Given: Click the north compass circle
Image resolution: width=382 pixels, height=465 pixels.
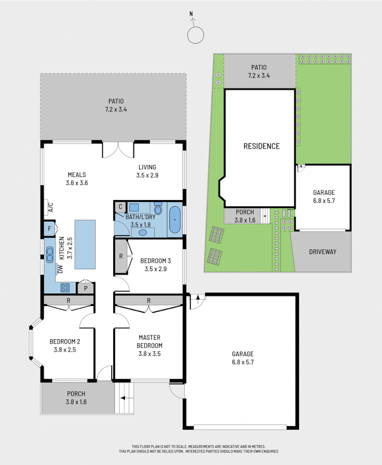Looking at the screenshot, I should coord(195,35).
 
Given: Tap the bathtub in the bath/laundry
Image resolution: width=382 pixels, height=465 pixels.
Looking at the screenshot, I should coord(174,220).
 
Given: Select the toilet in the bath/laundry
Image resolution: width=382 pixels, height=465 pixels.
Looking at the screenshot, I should coord(158,208).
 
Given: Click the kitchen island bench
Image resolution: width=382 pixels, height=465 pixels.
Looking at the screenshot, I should coord(85,244).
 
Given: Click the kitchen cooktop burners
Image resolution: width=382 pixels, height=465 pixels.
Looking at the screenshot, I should coord(65,286).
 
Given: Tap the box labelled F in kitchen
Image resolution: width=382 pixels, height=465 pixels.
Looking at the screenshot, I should coord(49,229).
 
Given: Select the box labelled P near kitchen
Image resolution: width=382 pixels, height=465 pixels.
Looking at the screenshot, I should coord(86,288).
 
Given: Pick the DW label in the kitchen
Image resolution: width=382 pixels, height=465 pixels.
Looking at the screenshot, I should coord(60,269).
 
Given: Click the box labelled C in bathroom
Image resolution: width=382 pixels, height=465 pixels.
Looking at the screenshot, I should coord(120,207).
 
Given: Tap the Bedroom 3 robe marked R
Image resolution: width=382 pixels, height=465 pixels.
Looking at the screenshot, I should coord(121,257).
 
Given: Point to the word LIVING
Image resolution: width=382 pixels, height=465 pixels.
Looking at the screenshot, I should coord(147,167).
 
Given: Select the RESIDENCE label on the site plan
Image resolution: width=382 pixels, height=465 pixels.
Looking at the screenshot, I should coord(261,146).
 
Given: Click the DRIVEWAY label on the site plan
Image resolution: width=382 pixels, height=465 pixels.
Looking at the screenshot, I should coord(323,251).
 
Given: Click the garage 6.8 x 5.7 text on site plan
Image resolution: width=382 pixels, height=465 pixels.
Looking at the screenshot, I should coord(324,200).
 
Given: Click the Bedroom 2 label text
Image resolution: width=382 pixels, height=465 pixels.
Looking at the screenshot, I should coord(63,341).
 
